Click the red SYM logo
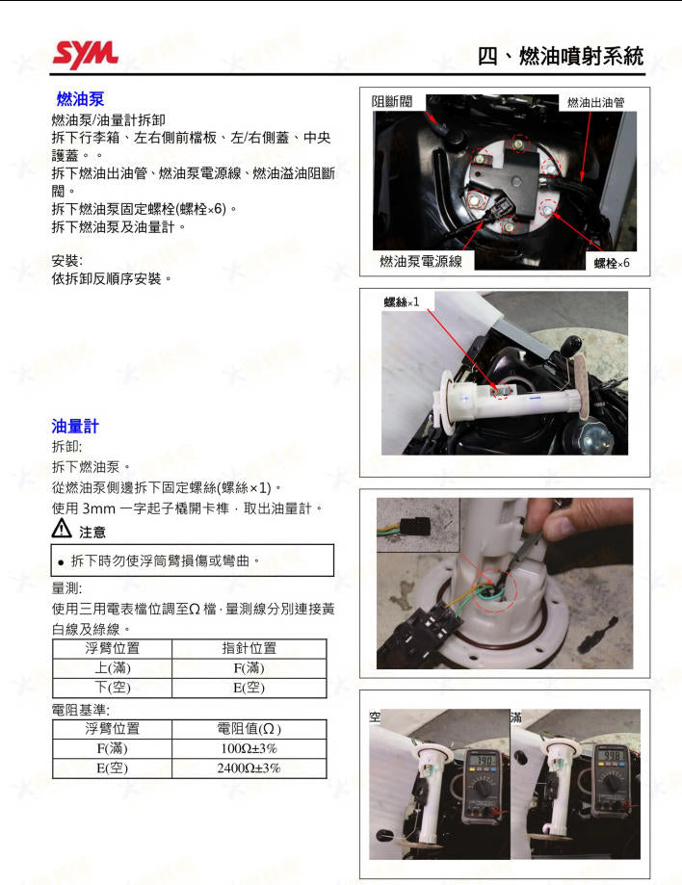(x=85, y=54)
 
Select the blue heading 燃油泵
(x=80, y=100)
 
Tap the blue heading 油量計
(x=75, y=426)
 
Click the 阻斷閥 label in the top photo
(x=392, y=102)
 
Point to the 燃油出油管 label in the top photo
(x=595, y=102)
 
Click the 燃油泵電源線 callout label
(x=421, y=262)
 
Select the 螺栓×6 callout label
(x=611, y=263)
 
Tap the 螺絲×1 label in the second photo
(x=402, y=301)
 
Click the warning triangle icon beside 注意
(x=61, y=529)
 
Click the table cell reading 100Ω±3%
(x=249, y=748)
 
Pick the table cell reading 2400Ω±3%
(x=249, y=768)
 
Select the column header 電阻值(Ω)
(x=249, y=729)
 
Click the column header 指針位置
(x=249, y=648)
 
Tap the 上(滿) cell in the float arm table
(x=112, y=667)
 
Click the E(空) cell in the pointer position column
(x=249, y=688)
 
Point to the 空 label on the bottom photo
(x=375, y=717)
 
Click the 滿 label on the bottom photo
(x=516, y=717)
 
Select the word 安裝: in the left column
(x=66, y=261)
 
